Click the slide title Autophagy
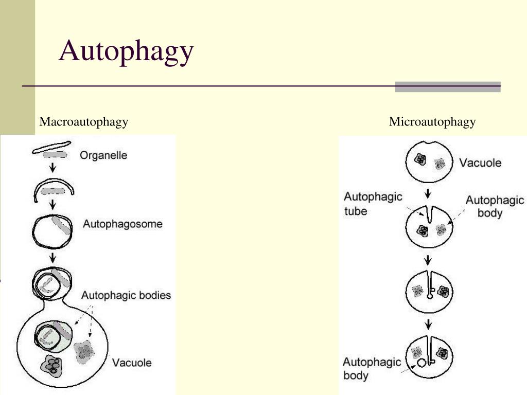[x=126, y=52]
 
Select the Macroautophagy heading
[x=84, y=122]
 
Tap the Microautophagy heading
[x=432, y=122]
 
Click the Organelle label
[x=103, y=155]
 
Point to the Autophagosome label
[x=122, y=224]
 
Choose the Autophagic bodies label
[x=126, y=296]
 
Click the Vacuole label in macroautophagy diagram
[x=132, y=363]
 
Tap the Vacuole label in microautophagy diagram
[x=480, y=163]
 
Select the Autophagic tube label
[x=373, y=204]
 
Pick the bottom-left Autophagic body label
[x=372, y=368]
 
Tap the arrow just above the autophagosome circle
[x=52, y=205]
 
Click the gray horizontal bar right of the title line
[x=448, y=87]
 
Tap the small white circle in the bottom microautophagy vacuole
[x=423, y=363]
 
